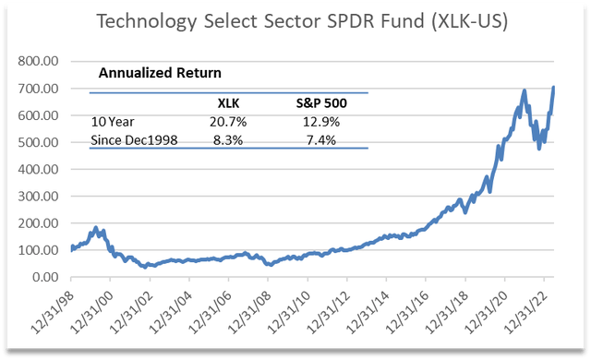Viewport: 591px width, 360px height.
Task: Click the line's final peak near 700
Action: pos(553,88)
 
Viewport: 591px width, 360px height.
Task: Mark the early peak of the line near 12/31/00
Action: pos(96,227)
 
